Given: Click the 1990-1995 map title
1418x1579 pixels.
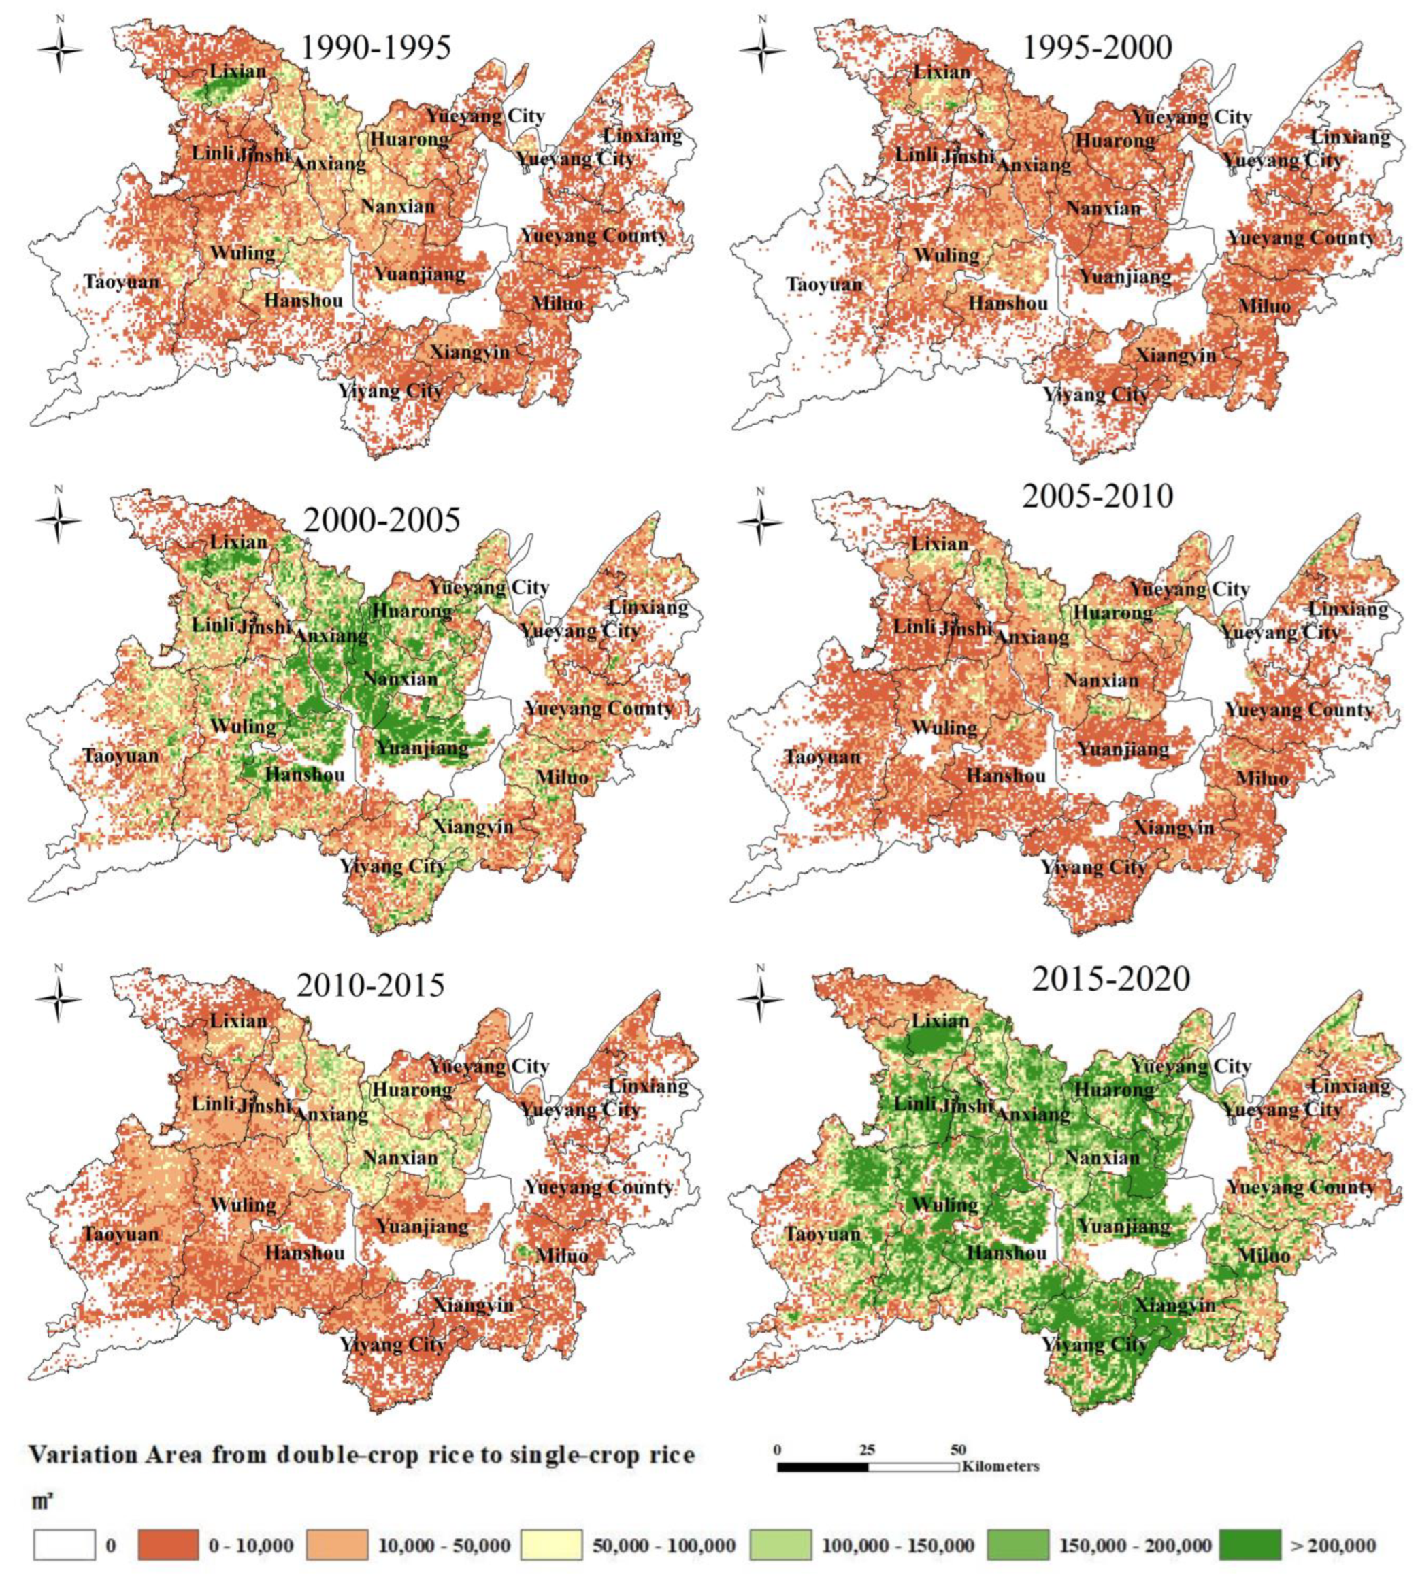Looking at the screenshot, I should (x=376, y=48).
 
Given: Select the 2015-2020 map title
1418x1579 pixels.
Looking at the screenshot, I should (x=1111, y=978).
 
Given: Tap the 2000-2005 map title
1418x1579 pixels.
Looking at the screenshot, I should (x=382, y=520).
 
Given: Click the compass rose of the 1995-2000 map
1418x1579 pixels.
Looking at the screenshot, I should (x=762, y=50).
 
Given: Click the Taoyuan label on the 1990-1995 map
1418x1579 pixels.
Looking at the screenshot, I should (x=122, y=282).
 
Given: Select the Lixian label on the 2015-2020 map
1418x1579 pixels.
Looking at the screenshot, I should (x=940, y=1020).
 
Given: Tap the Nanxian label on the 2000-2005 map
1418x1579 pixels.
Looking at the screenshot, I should (x=401, y=678).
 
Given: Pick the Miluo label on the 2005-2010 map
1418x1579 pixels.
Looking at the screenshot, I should (x=1262, y=778).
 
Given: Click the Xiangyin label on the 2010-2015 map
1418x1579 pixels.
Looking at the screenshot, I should (x=473, y=1305).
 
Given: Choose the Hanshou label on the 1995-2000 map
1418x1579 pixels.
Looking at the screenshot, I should (x=1008, y=303).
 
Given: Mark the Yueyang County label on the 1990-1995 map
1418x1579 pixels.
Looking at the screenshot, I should (x=594, y=236).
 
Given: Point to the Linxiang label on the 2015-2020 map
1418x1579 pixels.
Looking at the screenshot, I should (x=1350, y=1086).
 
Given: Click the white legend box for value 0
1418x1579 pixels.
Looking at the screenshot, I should (x=64, y=1545).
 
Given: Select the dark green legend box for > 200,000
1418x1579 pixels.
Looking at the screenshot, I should (x=1250, y=1545).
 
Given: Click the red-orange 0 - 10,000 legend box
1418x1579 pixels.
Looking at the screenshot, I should (x=167, y=1545).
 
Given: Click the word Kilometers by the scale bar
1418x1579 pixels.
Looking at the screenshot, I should (x=1001, y=1466).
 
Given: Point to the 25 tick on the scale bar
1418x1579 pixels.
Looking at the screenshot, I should (x=867, y=1450).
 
